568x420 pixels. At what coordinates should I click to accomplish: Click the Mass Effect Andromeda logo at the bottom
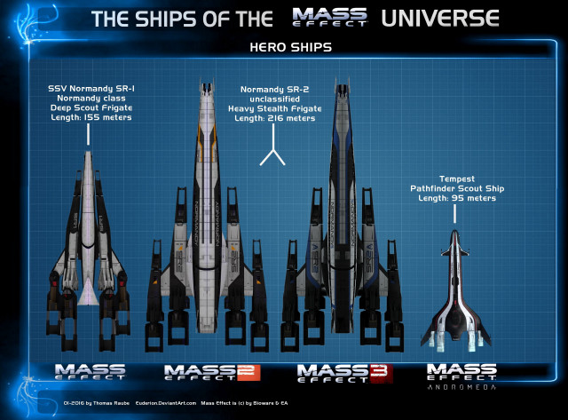click(461, 376)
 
